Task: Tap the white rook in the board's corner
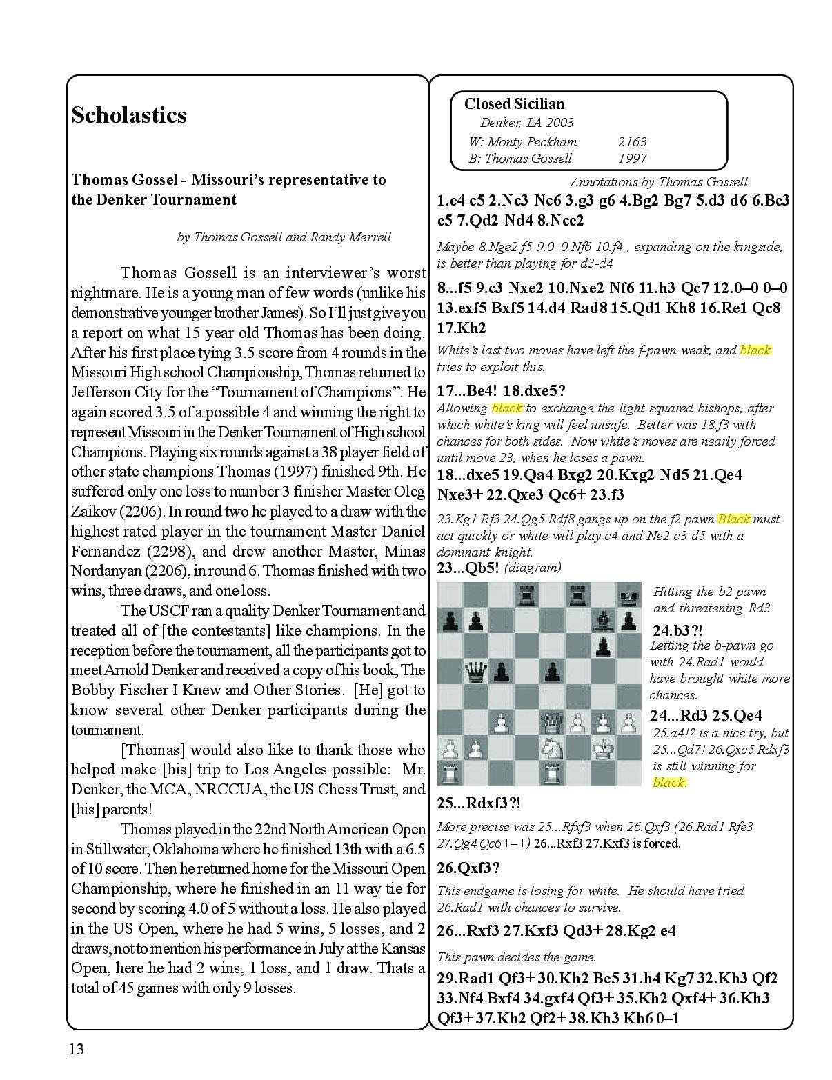coord(450,772)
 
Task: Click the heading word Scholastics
coord(129,114)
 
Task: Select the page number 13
coord(76,1049)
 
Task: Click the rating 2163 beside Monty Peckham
coord(632,141)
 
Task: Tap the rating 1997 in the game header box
coord(632,158)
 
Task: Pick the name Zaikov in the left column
coord(92,512)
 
